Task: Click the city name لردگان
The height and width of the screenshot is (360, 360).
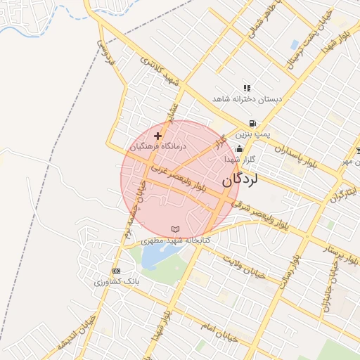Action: pyautogui.click(x=240, y=179)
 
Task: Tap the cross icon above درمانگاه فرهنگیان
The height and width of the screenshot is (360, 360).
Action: pyautogui.click(x=157, y=136)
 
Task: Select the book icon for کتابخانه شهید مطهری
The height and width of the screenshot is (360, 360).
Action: pyautogui.click(x=175, y=229)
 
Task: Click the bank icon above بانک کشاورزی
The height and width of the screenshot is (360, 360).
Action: pyautogui.click(x=116, y=271)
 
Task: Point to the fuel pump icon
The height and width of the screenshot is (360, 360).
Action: pyautogui.click(x=252, y=123)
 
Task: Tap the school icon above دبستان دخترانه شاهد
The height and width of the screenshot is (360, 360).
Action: pyautogui.click(x=247, y=88)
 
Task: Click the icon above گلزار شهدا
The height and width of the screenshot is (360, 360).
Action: pyautogui.click(x=239, y=149)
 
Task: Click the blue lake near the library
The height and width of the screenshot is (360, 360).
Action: pyautogui.click(x=153, y=257)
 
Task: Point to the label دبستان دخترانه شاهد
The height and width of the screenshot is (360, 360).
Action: pyautogui.click(x=248, y=100)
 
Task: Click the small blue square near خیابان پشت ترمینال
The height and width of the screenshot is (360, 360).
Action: pyautogui.click(x=294, y=44)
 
